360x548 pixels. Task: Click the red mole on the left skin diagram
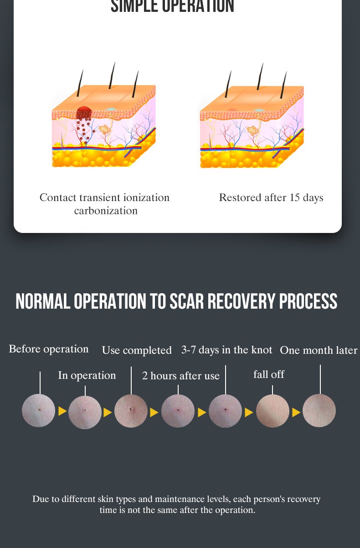84,113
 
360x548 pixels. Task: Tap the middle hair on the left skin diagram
112,76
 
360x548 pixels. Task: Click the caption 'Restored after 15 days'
271,198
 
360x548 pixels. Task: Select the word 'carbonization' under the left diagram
106,211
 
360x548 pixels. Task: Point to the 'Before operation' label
49,349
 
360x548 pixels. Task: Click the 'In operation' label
87,376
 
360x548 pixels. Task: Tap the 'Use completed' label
137,350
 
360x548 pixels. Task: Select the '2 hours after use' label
181,376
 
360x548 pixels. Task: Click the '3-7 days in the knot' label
227,350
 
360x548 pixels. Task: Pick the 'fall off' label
269,374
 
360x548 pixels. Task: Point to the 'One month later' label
319,350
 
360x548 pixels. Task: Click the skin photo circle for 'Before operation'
38,410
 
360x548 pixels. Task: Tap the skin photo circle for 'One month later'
319,410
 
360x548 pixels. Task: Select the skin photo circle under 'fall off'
273,411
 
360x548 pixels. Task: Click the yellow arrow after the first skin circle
62,411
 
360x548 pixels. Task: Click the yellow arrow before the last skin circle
296,413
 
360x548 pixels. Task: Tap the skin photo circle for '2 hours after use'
178,411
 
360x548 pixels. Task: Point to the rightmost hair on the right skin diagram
283,85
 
